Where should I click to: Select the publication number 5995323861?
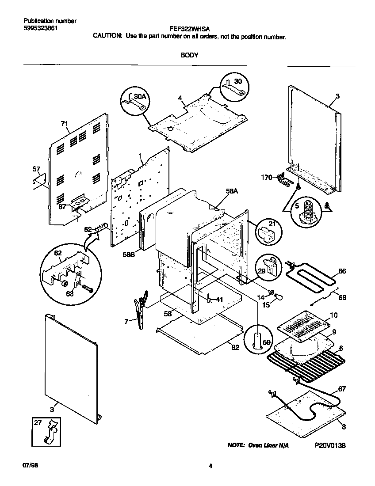coord(40,28)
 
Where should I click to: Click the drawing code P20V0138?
coord(330,445)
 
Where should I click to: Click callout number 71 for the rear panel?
coord(65,124)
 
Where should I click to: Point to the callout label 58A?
coord(232,191)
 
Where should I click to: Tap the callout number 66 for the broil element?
coord(342,271)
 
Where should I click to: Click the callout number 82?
coord(235,347)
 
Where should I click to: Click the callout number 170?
coord(267,178)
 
